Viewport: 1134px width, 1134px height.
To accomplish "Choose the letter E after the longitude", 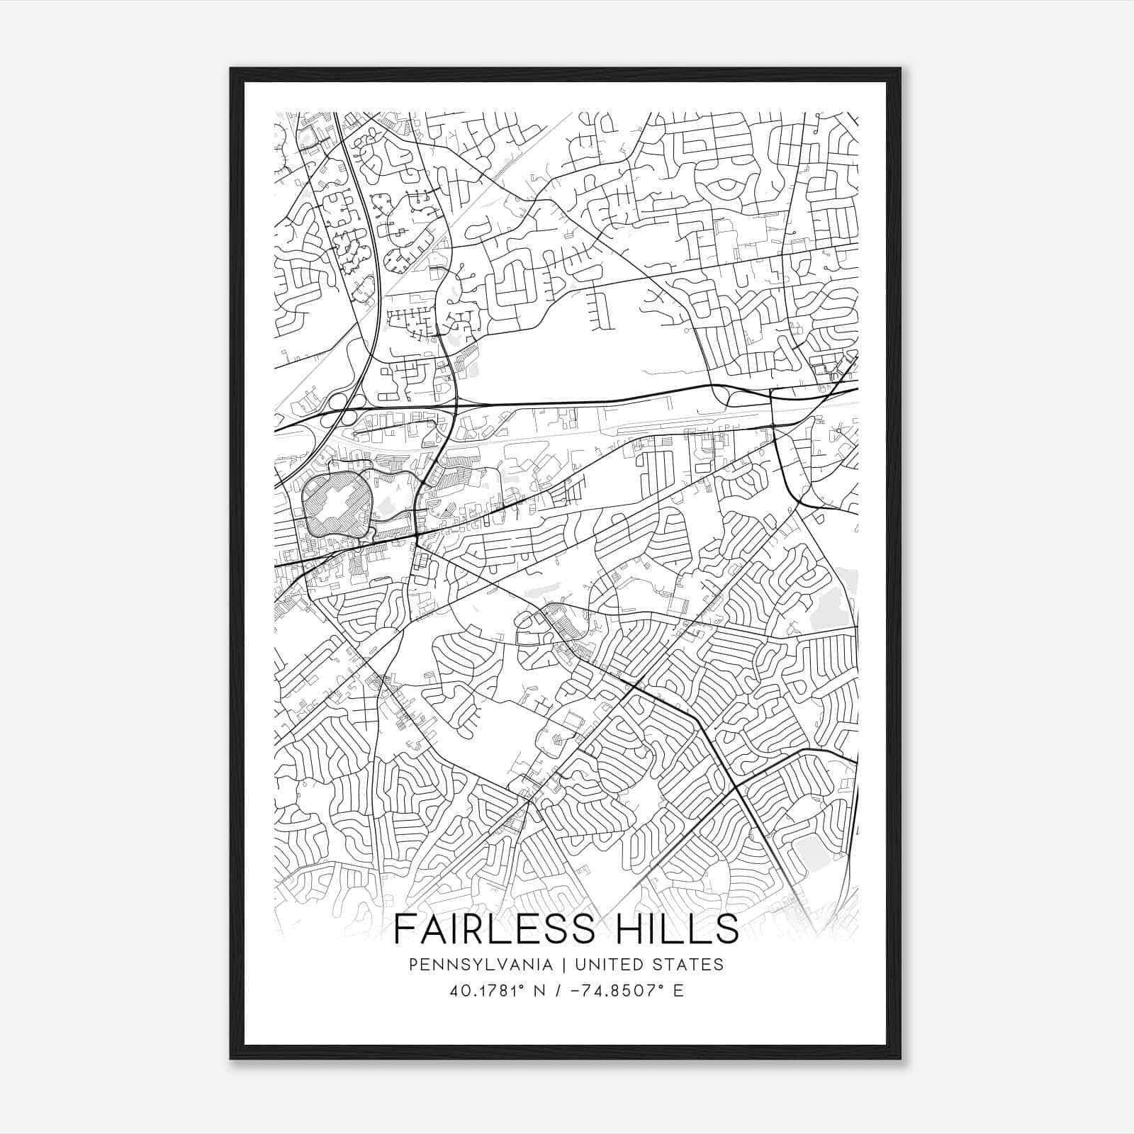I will (679, 991).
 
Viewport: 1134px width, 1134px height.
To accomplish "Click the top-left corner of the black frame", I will (231, 69).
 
